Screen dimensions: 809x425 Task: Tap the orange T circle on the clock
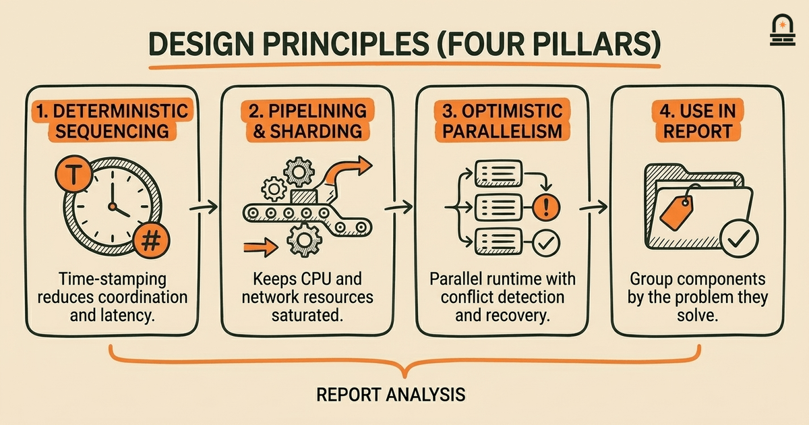pyautogui.click(x=73, y=174)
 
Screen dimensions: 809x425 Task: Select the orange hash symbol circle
pyautogui.click(x=151, y=240)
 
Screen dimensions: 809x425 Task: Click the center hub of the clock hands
pyautogui.click(x=113, y=206)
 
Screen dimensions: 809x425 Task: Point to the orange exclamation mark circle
pyautogui.click(x=546, y=207)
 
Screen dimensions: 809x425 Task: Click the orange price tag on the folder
pyautogui.click(x=677, y=213)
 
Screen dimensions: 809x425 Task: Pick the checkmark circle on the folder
pyautogui.click(x=739, y=239)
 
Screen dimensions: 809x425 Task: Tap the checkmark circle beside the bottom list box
pyautogui.click(x=546, y=244)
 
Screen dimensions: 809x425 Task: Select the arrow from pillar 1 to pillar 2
pyautogui.click(x=204, y=207)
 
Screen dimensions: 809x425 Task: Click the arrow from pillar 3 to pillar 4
pyautogui.click(x=593, y=208)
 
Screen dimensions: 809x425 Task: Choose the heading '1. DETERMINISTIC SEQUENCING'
pyautogui.click(x=113, y=121)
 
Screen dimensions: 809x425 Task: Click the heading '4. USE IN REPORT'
pyautogui.click(x=697, y=121)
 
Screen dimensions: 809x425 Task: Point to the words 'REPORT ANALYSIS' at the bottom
pyautogui.click(x=391, y=395)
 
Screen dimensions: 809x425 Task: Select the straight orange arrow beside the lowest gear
pyautogui.click(x=261, y=247)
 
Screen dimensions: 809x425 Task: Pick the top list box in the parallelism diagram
pyautogui.click(x=498, y=173)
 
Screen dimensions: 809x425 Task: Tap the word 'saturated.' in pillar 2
pyautogui.click(x=307, y=316)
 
